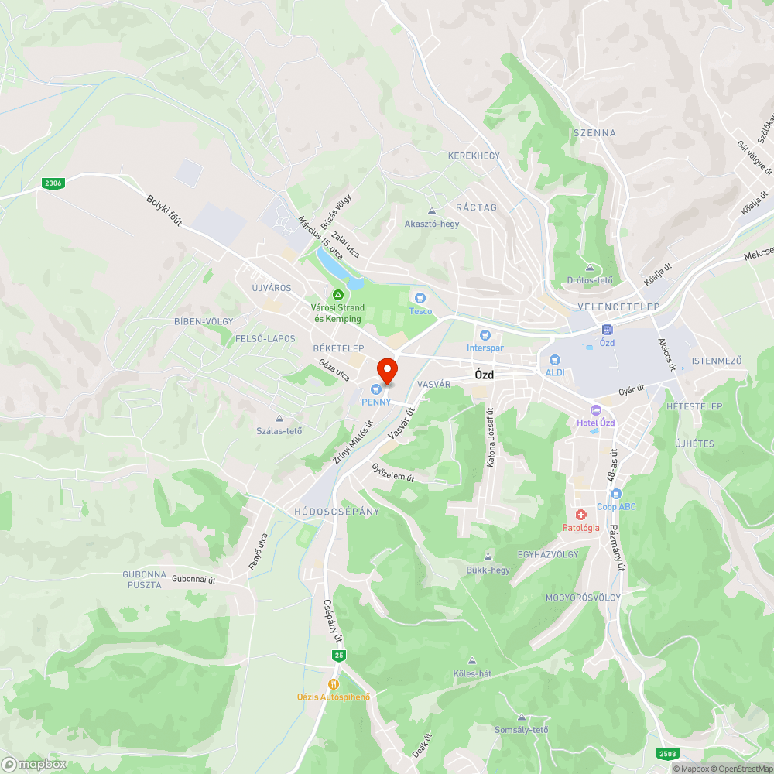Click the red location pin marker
386,369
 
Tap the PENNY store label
375,402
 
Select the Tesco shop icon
420,298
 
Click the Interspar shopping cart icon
485,335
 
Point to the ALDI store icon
554,360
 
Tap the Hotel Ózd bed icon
595,409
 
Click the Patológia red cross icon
580,515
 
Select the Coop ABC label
616,507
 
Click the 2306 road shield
53,183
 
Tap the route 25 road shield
339,656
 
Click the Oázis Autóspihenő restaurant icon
334,684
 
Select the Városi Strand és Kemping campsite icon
337,295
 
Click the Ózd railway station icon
607,329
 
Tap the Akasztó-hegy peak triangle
432,211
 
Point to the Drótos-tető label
589,280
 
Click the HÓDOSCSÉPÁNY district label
337,512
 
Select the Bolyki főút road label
164,210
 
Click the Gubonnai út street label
193,578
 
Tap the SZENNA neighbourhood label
594,133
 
